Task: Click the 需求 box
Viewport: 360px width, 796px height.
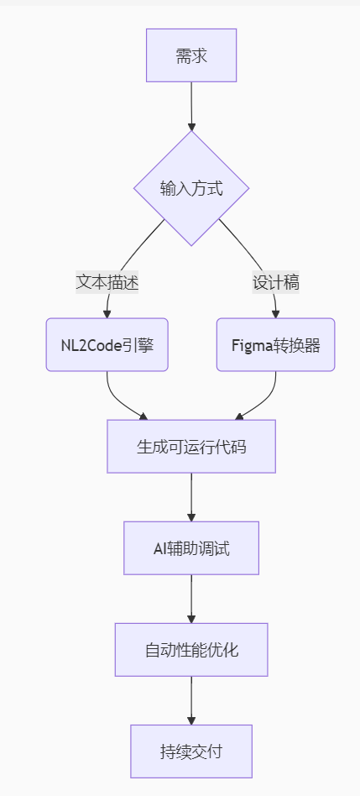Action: click(191, 55)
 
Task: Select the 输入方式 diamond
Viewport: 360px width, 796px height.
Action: click(191, 188)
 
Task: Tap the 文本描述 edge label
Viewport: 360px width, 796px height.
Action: click(107, 282)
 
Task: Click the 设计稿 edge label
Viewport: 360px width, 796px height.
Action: click(276, 282)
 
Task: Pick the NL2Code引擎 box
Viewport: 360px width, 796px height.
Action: click(107, 345)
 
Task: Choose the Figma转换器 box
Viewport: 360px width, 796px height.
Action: click(276, 345)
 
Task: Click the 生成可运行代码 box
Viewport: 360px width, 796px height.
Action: click(191, 446)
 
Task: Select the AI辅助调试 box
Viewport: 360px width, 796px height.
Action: click(191, 548)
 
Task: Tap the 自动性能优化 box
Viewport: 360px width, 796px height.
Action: click(191, 650)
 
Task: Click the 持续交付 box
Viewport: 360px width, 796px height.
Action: click(191, 751)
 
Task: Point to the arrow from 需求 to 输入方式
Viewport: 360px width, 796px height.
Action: click(191, 106)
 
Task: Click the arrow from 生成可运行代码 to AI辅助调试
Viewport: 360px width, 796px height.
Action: click(191, 497)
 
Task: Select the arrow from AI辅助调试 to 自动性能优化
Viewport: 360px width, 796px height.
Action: click(191, 599)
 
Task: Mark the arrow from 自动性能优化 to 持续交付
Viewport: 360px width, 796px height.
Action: click(191, 700)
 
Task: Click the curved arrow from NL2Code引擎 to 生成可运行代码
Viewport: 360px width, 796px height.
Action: click(117, 402)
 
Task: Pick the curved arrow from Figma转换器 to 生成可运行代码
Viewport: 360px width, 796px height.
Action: click(265, 402)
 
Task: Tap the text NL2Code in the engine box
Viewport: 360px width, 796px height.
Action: click(91, 345)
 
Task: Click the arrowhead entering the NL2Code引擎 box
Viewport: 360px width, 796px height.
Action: click(107, 314)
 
